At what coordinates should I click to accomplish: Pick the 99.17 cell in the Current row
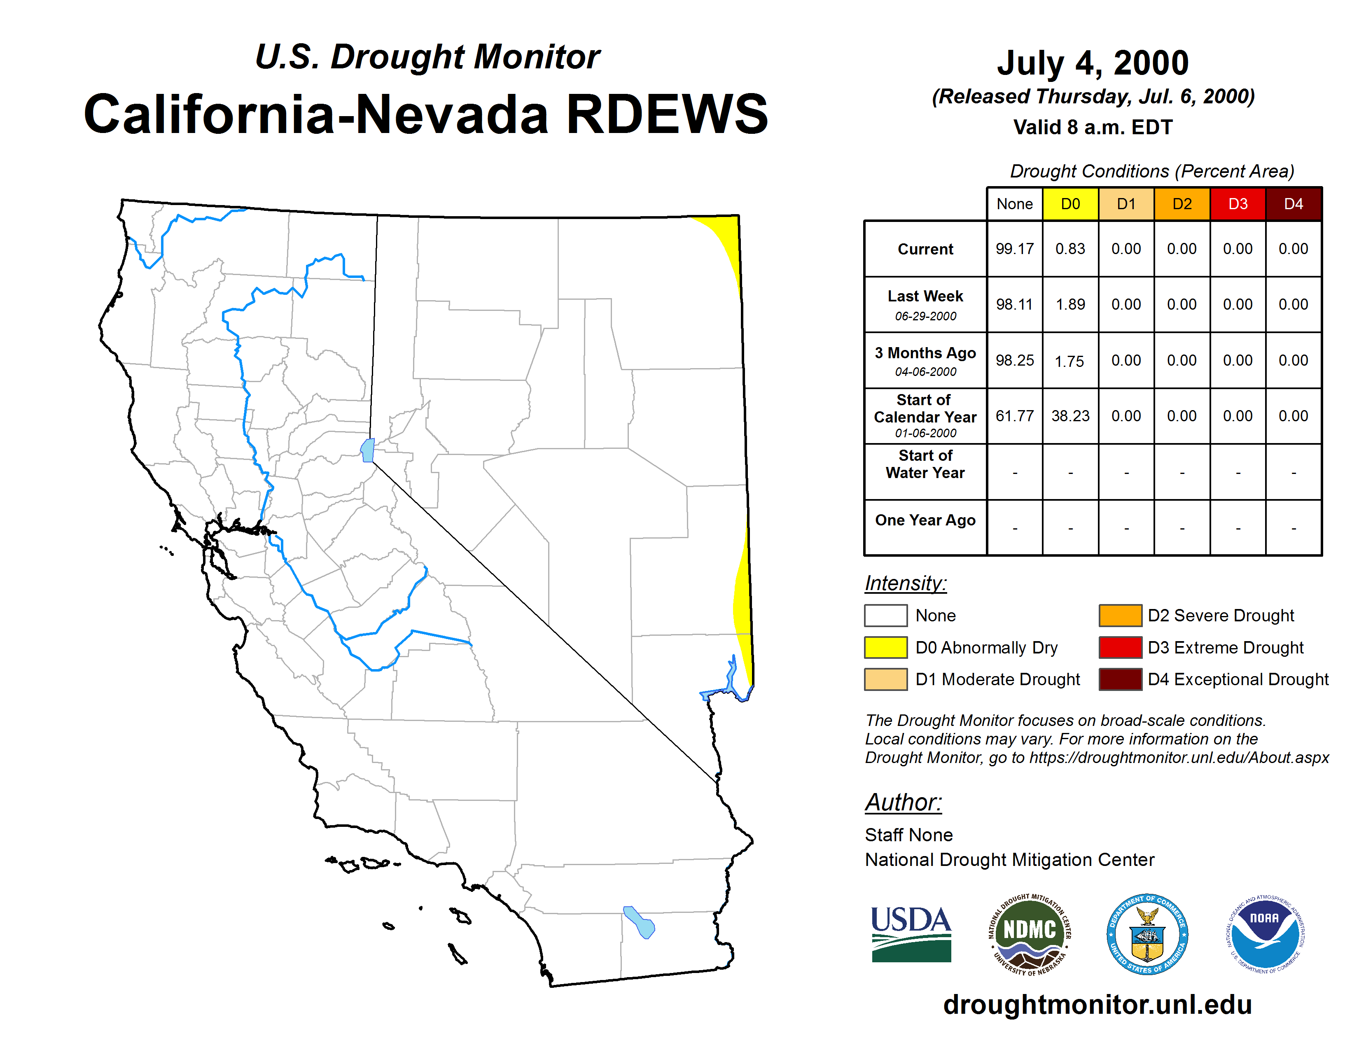point(1014,249)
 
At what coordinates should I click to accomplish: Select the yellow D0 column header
point(1070,204)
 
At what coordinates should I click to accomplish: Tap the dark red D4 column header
point(1294,204)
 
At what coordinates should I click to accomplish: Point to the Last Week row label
point(925,304)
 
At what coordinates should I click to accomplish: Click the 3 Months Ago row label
point(925,361)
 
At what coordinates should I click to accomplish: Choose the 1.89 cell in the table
point(1070,304)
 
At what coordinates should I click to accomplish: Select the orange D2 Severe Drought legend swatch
point(1120,615)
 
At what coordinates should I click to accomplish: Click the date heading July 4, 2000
point(1093,63)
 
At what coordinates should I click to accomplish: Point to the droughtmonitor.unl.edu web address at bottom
point(1097,1005)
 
